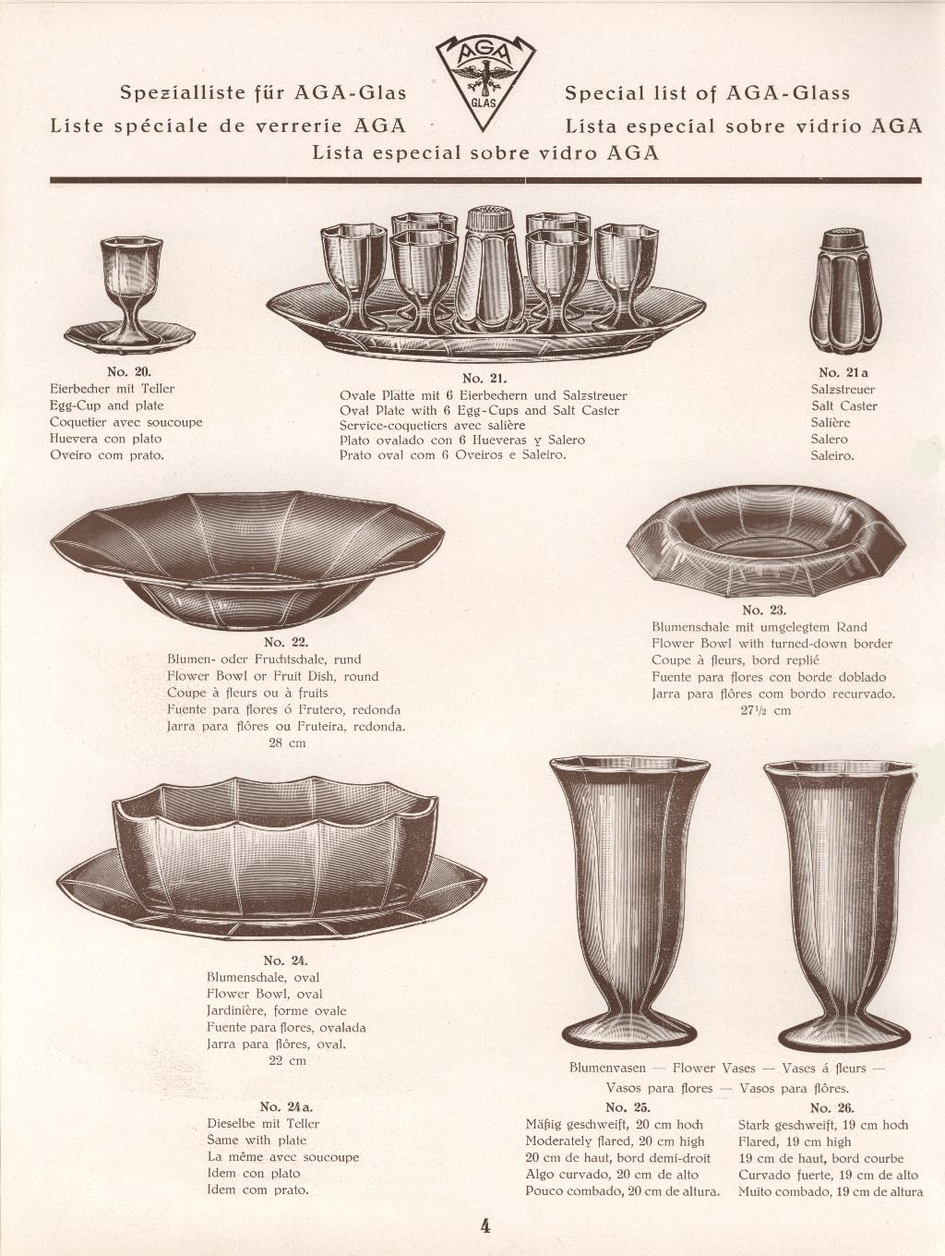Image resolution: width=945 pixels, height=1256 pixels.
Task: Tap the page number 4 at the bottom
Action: tap(485, 1226)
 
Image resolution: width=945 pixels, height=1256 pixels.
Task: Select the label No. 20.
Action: tap(128, 371)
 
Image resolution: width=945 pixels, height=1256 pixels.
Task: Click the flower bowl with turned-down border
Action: tap(766, 541)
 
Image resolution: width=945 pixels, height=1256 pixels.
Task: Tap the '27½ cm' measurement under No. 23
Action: tap(765, 710)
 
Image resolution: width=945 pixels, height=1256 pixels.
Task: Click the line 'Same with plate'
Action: tap(257, 1140)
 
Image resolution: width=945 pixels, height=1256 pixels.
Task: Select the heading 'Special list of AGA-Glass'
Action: tap(707, 93)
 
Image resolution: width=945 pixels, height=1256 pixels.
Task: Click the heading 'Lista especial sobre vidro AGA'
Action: tap(485, 152)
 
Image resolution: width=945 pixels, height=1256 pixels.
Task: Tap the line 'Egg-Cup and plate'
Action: tap(107, 405)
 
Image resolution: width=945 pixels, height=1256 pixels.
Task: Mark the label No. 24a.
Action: tap(286, 1106)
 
